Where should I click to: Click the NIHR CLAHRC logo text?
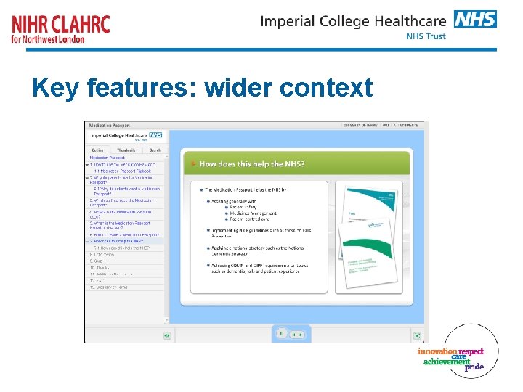[61, 24]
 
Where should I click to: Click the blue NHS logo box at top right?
[475, 19]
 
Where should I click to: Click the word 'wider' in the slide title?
[238, 88]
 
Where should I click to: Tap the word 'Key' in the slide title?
[55, 88]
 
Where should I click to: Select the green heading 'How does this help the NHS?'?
[251, 164]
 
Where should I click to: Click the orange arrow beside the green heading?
[193, 164]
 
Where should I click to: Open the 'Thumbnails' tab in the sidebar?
[126, 150]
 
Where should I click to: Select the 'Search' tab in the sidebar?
[154, 150]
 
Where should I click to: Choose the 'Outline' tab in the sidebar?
[97, 150]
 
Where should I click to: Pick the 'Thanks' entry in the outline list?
[100, 268]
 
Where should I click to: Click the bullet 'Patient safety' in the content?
[232, 207]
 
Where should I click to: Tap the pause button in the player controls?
[281, 333]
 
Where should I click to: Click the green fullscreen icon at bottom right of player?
[417, 335]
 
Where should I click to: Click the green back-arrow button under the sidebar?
[166, 335]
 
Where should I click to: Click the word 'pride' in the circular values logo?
[474, 367]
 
